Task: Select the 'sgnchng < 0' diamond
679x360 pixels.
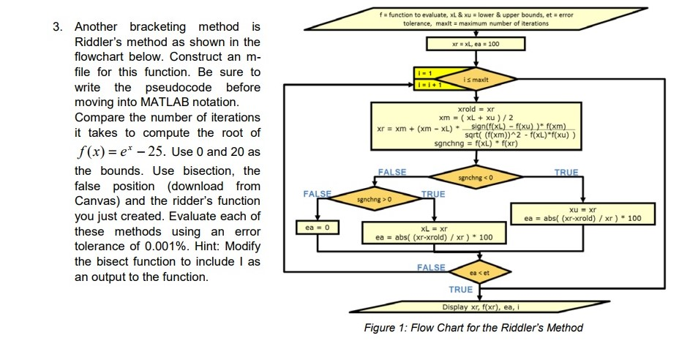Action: pyautogui.click(x=476, y=177)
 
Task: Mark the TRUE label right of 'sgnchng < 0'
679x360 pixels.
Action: pyautogui.click(x=566, y=173)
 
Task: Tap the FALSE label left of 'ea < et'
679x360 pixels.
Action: pyautogui.click(x=432, y=268)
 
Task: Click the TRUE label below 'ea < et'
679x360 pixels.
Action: pyautogui.click(x=460, y=290)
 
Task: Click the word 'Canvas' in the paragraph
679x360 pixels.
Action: pyautogui.click(x=94, y=200)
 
